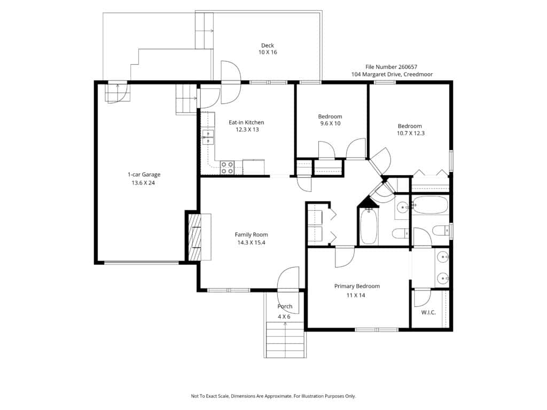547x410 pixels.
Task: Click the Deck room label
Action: (268, 45)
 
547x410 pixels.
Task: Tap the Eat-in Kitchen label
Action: (246, 122)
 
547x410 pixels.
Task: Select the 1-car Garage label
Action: (144, 175)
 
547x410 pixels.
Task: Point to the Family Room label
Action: (251, 235)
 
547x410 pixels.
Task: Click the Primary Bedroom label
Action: (357, 286)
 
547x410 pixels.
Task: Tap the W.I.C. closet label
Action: (428, 312)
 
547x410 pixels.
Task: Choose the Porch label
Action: (285, 306)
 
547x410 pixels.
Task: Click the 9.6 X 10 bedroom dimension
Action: (330, 123)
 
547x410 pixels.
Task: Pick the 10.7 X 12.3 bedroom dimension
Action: (411, 133)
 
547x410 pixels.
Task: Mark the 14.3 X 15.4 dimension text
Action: (251, 243)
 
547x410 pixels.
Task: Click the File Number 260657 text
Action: (391, 67)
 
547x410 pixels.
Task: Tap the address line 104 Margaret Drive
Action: (392, 74)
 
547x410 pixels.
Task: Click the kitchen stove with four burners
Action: (226, 168)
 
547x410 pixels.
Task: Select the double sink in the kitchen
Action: (208, 137)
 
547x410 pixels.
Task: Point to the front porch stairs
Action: (285, 340)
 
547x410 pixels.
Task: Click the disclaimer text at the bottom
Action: (273, 396)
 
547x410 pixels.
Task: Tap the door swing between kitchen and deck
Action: (231, 82)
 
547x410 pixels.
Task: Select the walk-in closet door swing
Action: (422, 298)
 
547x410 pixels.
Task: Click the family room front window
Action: (229, 290)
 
